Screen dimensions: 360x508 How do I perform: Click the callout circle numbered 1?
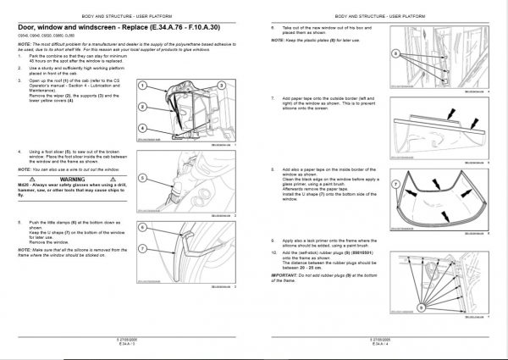pyautogui.click(x=143, y=87)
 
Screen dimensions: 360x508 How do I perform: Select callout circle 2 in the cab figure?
pyautogui.click(x=143, y=108)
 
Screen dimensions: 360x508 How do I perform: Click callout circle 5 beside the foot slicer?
pyautogui.click(x=143, y=179)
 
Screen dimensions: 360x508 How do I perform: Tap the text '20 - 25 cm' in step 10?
pyautogui.click(x=299, y=270)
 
